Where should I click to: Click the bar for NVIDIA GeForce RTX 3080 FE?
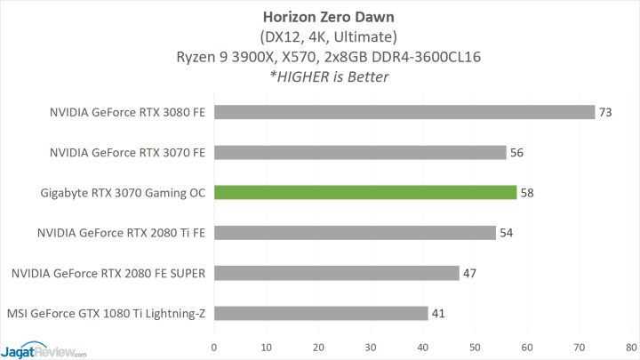tap(404, 112)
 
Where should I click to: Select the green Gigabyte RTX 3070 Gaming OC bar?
tap(365, 192)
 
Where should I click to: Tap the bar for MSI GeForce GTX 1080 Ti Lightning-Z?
tap(321, 313)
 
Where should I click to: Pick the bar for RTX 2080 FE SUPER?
tap(337, 273)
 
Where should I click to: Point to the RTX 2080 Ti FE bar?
tap(355, 233)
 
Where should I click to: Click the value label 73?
tap(606, 112)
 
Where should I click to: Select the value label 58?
tap(528, 192)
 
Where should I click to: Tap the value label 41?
tap(439, 313)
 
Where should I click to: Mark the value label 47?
tap(470, 273)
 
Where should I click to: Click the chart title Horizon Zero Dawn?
tap(319, 16)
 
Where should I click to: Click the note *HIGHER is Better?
tap(319, 77)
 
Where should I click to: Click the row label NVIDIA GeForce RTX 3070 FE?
tap(128, 152)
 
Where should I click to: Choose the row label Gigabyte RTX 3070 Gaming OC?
tap(123, 192)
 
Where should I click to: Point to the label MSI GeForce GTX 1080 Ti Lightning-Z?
tap(106, 313)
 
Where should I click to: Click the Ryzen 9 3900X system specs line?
tap(319, 57)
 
